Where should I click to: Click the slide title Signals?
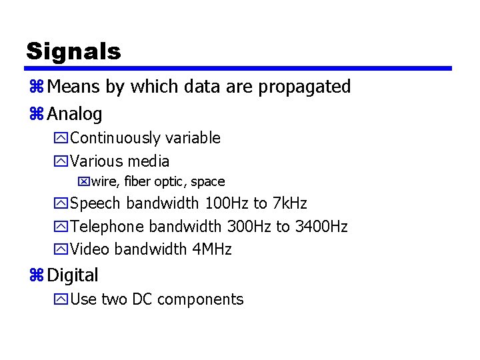pos(73,51)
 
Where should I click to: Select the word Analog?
pos(75,114)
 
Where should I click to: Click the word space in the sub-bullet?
pos(207,182)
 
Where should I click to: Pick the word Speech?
pos(96,203)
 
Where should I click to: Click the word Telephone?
pos(107,227)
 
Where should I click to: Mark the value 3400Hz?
pos(321,227)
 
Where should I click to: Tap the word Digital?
pos(73,275)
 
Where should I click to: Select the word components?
pos(201,300)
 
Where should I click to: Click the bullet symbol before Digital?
pos(35,275)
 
